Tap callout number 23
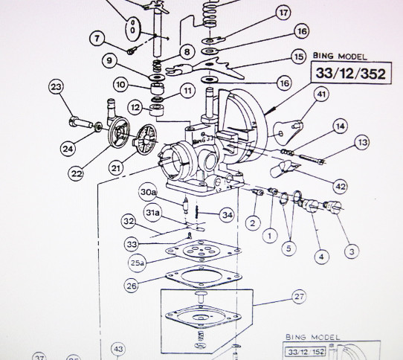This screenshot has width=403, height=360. [55, 89]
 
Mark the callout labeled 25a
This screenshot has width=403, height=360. [137, 262]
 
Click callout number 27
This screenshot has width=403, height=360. [299, 296]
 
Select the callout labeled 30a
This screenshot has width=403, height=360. [149, 193]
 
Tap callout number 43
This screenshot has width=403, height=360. [117, 349]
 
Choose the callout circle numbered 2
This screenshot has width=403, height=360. [253, 222]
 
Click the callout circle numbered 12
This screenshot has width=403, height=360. [135, 108]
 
